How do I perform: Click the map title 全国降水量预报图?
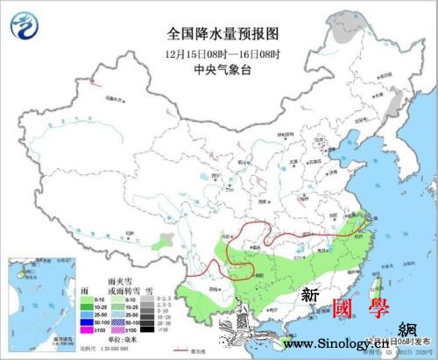click(223, 34)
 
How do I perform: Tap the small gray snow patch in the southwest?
click(165, 237)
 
